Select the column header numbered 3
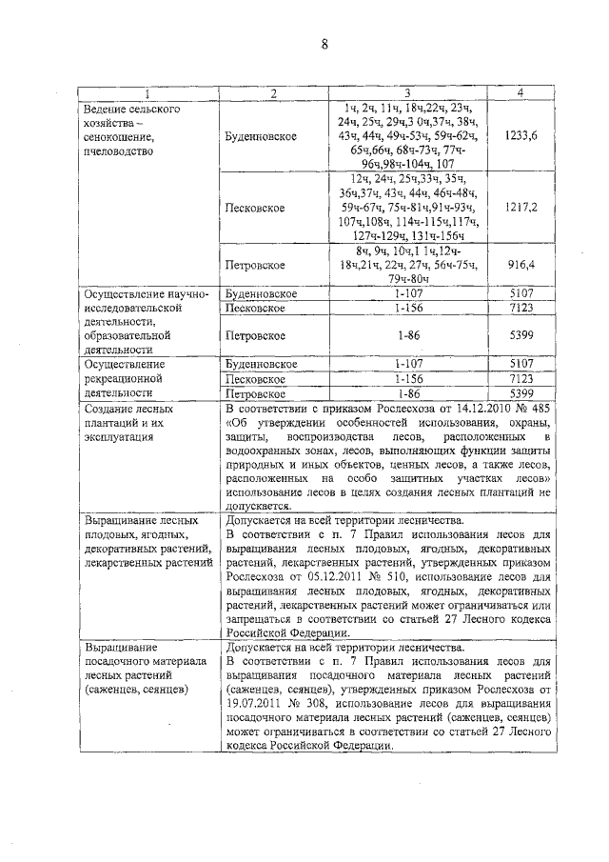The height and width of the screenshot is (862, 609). (x=406, y=92)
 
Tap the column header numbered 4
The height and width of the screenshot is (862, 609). (x=520, y=92)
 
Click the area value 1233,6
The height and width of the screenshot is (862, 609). (x=520, y=136)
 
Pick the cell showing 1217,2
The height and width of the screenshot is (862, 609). (x=520, y=207)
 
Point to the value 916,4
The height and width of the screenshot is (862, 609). (x=520, y=264)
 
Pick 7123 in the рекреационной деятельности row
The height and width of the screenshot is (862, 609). (x=520, y=378)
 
